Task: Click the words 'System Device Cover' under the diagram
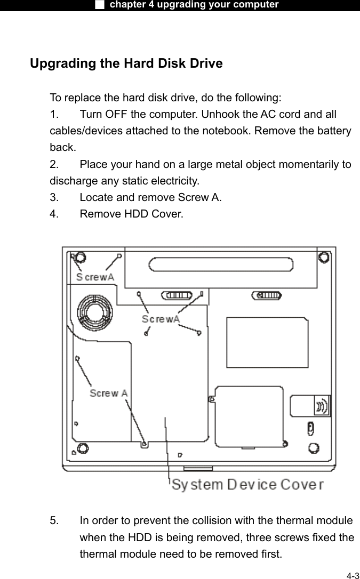(247, 485)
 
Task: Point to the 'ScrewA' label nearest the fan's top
(94, 277)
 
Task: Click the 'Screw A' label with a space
(108, 393)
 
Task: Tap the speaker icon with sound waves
(322, 406)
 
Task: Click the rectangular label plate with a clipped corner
(267, 342)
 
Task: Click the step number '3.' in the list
(54, 197)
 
